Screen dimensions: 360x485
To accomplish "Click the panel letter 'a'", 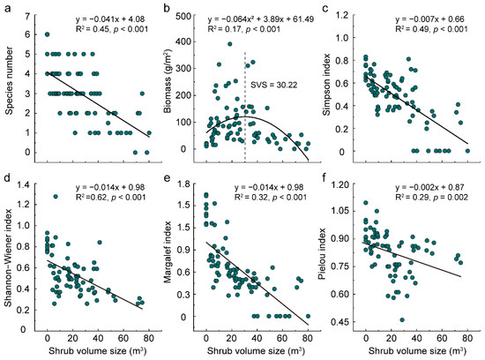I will coord(6,8).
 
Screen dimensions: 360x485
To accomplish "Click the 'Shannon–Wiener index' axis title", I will coord(8,258).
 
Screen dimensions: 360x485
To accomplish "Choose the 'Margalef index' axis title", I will coord(171,258).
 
